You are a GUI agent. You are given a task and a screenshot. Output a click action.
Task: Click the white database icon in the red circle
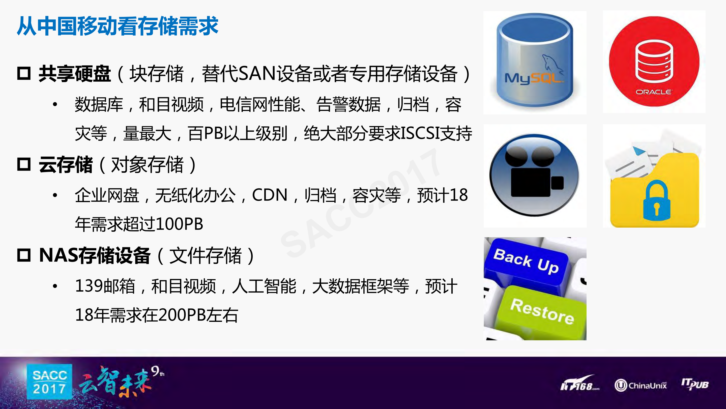tap(654, 62)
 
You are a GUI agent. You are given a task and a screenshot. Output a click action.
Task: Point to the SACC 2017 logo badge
tap(50, 382)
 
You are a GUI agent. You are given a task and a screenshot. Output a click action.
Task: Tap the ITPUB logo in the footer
tap(695, 384)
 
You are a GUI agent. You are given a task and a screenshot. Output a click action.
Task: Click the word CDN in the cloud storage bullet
tap(269, 195)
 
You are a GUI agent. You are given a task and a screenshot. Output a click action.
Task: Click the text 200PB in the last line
tap(182, 315)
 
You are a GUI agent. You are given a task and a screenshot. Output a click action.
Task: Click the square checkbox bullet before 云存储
tap(24, 164)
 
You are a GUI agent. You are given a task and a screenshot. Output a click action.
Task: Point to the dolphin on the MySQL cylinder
tap(551, 63)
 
